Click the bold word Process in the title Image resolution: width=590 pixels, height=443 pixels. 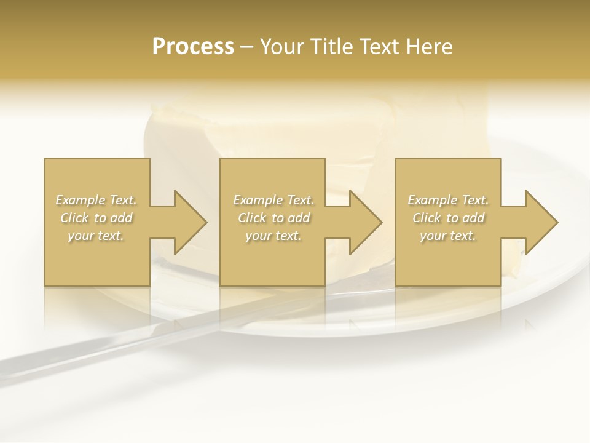(193, 47)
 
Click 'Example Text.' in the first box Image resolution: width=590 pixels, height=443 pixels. (96, 200)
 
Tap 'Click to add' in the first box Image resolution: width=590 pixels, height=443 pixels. (96, 218)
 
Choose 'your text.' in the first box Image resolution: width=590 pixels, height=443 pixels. (96, 236)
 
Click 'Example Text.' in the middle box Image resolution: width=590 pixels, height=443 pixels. (273, 200)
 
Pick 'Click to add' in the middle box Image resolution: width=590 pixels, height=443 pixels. (273, 218)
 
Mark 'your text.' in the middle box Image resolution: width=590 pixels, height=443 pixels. (273, 236)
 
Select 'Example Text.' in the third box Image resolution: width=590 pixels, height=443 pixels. (448, 200)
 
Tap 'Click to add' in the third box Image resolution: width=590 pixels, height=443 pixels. (448, 218)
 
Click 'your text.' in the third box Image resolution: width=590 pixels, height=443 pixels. (448, 236)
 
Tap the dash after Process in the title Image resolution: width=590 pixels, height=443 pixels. (246, 47)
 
